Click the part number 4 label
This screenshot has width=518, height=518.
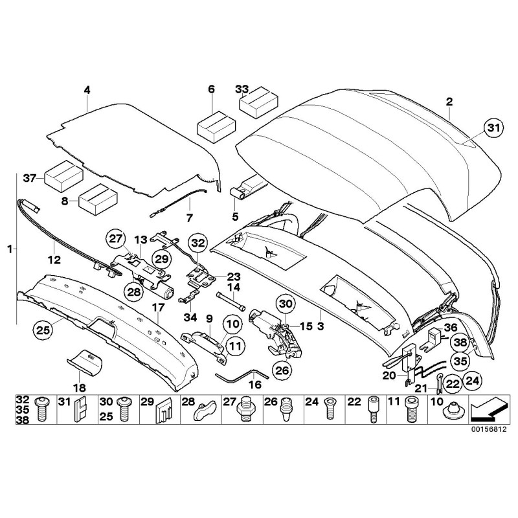[x=87, y=90]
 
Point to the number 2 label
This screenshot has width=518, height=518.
[x=449, y=101]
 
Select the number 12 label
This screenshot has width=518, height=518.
[x=54, y=260]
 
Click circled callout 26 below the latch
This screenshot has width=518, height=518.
[x=282, y=371]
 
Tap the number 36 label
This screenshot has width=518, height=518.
[x=451, y=327]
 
